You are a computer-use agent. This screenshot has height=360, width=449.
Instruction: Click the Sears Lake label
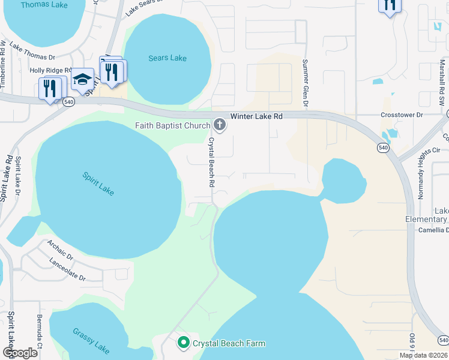167,58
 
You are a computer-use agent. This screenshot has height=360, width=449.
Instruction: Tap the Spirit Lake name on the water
98,184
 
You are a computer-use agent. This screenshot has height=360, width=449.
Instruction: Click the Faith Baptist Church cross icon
220,125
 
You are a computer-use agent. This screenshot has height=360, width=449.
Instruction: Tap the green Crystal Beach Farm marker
184,343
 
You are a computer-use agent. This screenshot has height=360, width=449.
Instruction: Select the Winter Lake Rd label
256,116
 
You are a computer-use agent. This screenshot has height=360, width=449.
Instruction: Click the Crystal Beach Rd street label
211,163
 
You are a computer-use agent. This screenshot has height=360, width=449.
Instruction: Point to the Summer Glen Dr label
306,83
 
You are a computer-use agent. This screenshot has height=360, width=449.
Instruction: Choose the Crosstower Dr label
402,115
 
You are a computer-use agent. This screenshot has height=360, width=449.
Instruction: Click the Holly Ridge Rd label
50,70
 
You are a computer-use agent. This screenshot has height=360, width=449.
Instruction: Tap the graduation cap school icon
82,79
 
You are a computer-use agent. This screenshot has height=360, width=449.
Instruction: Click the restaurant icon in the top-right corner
389,5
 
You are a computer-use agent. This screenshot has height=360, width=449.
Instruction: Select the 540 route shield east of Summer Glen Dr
384,147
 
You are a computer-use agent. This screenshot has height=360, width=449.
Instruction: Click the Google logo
20,353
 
